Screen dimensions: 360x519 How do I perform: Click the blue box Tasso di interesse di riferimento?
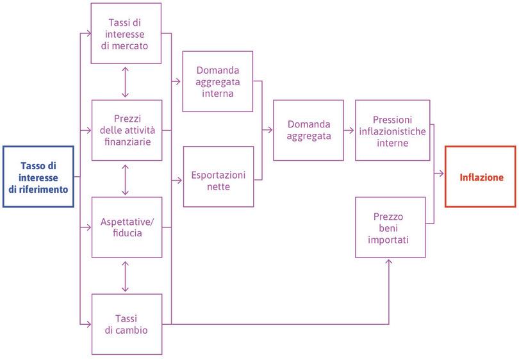point(38,177)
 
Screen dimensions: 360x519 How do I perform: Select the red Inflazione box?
point(481,177)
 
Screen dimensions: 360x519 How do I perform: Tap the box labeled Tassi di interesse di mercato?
point(126,33)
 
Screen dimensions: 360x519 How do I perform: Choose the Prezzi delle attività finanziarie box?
point(126,130)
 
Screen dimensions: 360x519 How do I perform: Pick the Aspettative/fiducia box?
point(126,227)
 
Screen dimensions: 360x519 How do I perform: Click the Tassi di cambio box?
point(126,323)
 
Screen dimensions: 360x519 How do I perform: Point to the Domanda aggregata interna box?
point(218,81)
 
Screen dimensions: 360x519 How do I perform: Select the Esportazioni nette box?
point(218,177)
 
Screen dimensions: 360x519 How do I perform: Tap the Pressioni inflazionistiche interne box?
point(392,130)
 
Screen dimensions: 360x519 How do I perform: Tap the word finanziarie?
point(126,142)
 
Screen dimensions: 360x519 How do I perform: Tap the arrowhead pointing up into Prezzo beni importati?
point(388,262)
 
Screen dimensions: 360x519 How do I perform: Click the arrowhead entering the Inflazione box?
point(441,174)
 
